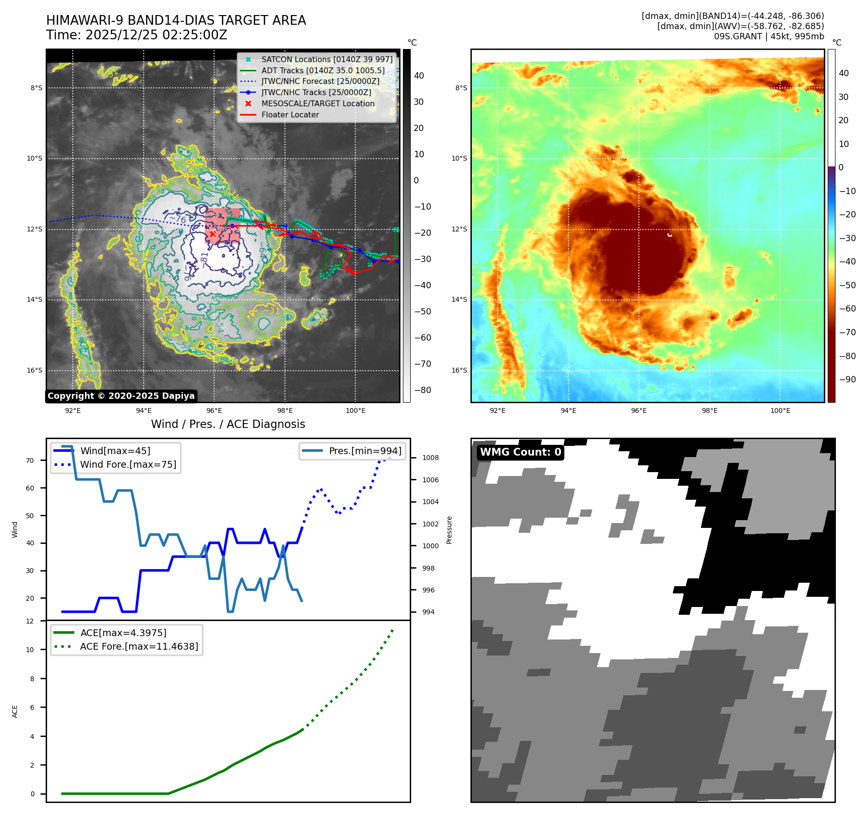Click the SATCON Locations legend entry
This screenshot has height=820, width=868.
[327, 60]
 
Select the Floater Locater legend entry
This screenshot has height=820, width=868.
[290, 115]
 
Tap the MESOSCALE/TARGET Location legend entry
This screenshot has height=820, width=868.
[317, 104]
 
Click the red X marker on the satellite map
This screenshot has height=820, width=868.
[212, 234]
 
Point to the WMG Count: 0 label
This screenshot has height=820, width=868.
[520, 452]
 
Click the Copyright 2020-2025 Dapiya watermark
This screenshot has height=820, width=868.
[121, 396]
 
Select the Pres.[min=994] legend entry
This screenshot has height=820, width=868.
[365, 451]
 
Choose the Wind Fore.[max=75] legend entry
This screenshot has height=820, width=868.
[128, 464]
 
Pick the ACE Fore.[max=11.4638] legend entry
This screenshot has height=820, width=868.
[139, 646]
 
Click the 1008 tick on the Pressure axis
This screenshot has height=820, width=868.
[430, 458]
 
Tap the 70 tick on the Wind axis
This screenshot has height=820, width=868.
[30, 460]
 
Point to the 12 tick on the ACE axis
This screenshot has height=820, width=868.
[30, 621]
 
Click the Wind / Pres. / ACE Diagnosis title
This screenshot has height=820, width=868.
[228, 424]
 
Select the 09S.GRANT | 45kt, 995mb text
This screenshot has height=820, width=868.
[768, 36]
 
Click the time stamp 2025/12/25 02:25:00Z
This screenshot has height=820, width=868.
[156, 35]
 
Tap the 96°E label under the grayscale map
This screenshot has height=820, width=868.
[214, 411]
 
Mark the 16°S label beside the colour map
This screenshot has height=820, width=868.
[459, 370]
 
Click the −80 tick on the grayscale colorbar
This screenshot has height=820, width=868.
[422, 390]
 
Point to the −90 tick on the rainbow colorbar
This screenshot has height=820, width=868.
[847, 379]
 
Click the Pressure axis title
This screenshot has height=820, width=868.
[449, 530]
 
